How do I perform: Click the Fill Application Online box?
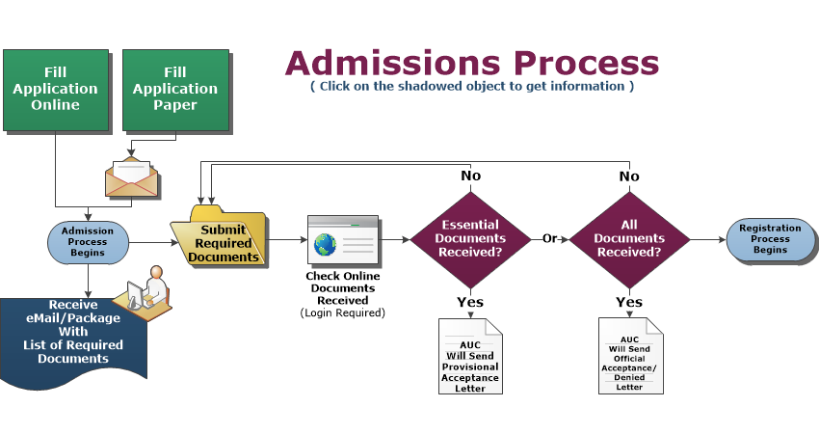click(55, 89)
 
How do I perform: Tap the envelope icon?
click(131, 177)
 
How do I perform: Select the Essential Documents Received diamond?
click(472, 238)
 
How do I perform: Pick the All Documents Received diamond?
click(629, 238)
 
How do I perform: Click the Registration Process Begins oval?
click(770, 238)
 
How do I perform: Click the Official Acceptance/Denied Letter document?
click(630, 356)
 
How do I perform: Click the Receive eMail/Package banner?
click(72, 334)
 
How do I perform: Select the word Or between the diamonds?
click(550, 238)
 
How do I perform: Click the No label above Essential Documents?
click(472, 176)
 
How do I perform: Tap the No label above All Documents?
click(629, 176)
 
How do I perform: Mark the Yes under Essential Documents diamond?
click(470, 303)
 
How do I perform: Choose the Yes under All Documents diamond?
click(629, 303)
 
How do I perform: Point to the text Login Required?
click(342, 312)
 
